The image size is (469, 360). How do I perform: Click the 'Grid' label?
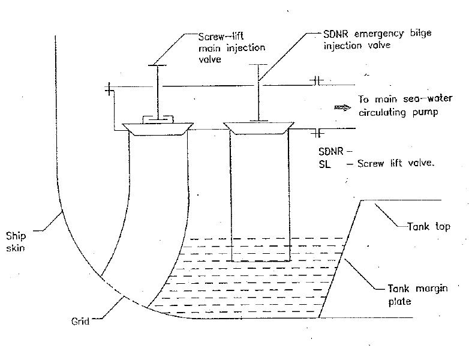click(x=79, y=322)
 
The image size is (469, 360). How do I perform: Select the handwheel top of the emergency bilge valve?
click(x=258, y=64)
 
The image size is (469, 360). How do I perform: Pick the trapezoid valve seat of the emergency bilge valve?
click(x=258, y=127)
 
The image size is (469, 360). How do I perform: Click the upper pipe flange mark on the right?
click(x=317, y=79)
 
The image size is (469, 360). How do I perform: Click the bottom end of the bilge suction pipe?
click(x=260, y=262)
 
